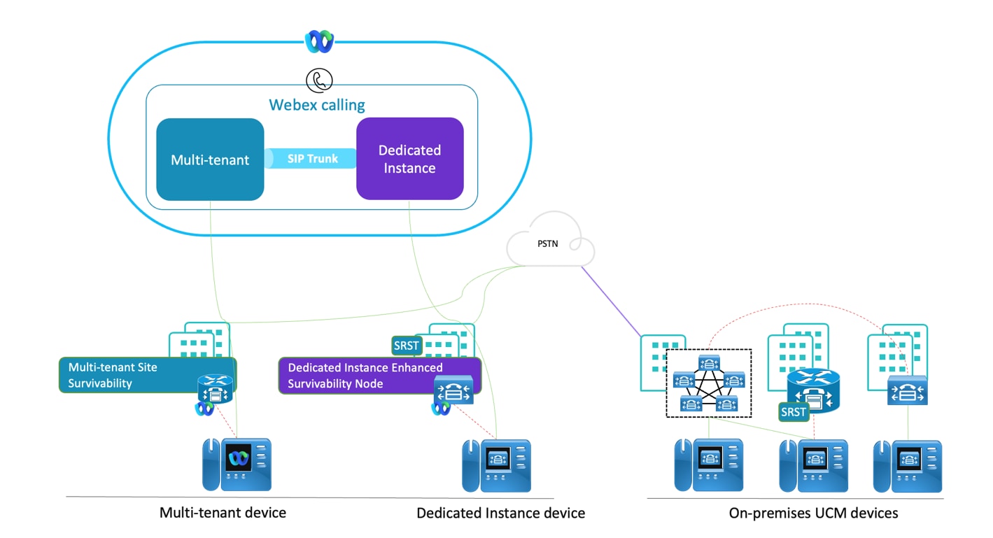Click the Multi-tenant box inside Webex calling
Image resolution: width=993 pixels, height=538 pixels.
point(210,160)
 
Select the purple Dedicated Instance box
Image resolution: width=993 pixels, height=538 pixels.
point(409,159)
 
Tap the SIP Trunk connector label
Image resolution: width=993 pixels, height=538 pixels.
point(312,159)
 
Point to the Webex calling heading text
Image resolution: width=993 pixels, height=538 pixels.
point(317,105)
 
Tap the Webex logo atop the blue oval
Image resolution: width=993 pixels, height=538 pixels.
point(318,41)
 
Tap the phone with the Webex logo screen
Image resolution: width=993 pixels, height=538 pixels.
point(237,464)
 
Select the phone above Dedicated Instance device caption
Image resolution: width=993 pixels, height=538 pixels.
point(495,465)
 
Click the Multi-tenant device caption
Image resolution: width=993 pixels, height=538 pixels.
point(223,513)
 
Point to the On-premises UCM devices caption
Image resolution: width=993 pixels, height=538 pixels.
point(813,514)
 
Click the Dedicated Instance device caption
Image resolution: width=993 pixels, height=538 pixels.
point(500,514)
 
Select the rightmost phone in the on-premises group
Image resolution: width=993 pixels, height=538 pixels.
point(907,465)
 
